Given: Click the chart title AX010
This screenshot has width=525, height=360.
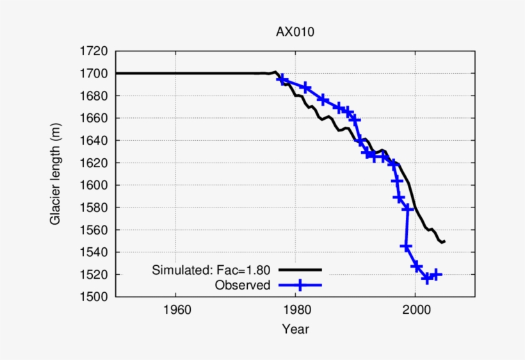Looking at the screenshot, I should pos(295,32).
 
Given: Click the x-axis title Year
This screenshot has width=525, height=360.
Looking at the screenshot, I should pos(295,330).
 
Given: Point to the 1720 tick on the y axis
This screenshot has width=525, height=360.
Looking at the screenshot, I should pos(95,51).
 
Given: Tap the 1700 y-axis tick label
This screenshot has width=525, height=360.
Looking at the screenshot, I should pos(95,74).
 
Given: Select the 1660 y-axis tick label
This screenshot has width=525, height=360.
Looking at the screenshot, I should pos(95,119).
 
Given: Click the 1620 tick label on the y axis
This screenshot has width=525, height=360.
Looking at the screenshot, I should pos(95,163).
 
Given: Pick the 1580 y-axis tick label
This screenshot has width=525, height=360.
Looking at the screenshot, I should pos(95,208).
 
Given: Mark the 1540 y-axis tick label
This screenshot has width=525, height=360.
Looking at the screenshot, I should pos(95,252).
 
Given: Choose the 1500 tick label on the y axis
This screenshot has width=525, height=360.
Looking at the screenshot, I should pos(95,297).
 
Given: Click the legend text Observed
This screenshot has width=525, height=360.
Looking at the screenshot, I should pos(243,285).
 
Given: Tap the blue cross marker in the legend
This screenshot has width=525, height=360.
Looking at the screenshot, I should pos(299,285).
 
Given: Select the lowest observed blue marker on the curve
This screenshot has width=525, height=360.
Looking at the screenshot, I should pos(426,279).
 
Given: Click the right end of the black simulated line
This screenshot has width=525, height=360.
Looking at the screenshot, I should pos(444,241).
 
